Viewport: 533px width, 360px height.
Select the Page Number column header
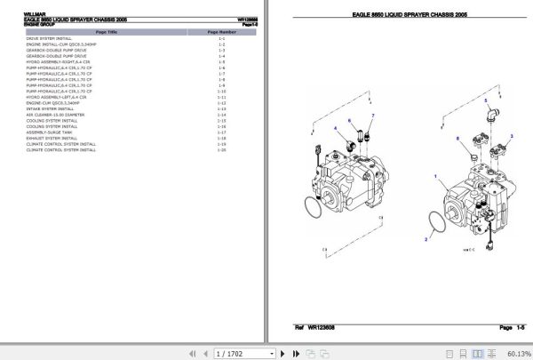pos(221,32)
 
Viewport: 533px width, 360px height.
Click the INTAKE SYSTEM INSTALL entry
pos(44,109)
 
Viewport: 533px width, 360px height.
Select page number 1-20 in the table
pos(221,150)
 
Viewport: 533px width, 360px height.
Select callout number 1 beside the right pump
pos(434,178)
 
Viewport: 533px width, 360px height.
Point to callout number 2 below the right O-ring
pos(426,239)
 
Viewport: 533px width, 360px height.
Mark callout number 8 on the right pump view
pos(457,139)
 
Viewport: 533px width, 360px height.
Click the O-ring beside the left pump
pos(314,208)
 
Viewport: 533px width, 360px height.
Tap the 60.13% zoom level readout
pos(518,353)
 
